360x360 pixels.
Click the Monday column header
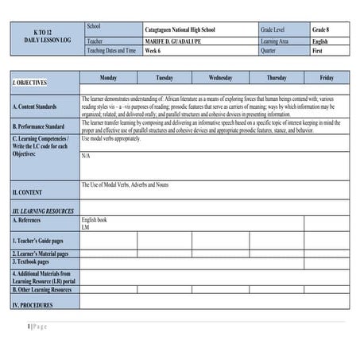point(108,78)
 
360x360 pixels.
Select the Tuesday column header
point(165,78)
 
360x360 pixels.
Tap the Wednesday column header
point(220,78)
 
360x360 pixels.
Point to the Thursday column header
point(277,78)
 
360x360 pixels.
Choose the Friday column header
point(327,78)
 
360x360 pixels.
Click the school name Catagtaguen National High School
point(180,29)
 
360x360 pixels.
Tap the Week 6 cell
point(157,50)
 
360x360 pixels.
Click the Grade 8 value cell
point(320,29)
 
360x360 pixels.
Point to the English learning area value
point(319,40)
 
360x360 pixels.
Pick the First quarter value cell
point(318,50)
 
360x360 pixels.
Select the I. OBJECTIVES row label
point(29,83)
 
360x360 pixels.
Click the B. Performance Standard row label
point(39,126)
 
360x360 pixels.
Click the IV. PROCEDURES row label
point(33,304)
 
